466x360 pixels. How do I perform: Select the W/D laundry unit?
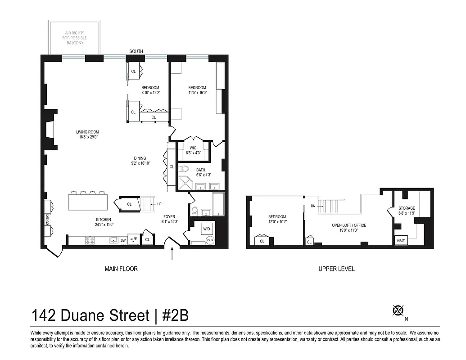click(x=207, y=229)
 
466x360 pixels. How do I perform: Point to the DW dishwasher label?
click(x=123, y=240)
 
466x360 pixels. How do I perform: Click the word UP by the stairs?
click(x=159, y=204)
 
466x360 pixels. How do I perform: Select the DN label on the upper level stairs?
click(x=313, y=206)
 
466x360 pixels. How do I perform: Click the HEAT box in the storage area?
click(x=401, y=241)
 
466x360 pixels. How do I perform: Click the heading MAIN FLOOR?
click(x=121, y=269)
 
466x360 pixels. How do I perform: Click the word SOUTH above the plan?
click(x=136, y=52)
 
